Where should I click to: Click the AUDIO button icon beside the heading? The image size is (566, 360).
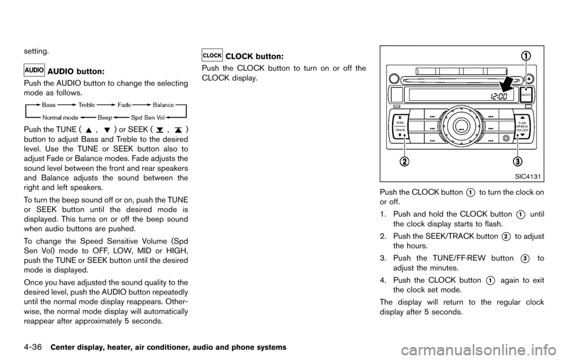(34, 70)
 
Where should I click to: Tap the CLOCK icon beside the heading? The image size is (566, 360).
(212, 55)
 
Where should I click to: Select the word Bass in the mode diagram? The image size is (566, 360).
(49, 105)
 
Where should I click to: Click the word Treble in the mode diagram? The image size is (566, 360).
(87, 105)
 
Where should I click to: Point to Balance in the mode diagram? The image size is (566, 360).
(163, 105)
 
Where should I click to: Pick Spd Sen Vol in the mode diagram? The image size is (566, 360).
(147, 117)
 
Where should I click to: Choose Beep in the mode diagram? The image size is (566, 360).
(105, 117)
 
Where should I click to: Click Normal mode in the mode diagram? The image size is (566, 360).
(60, 117)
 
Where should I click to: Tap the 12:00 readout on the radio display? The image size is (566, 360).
(499, 96)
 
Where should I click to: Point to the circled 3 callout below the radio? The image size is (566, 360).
(516, 162)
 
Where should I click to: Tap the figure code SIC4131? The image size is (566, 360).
(527, 176)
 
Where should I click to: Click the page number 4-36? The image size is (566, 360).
(33, 348)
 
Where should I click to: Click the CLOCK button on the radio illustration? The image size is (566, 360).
(526, 94)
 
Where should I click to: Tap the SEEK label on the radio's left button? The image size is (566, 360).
(400, 123)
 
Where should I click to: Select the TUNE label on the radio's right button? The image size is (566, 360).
(522, 123)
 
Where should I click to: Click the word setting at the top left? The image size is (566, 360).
(36, 51)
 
